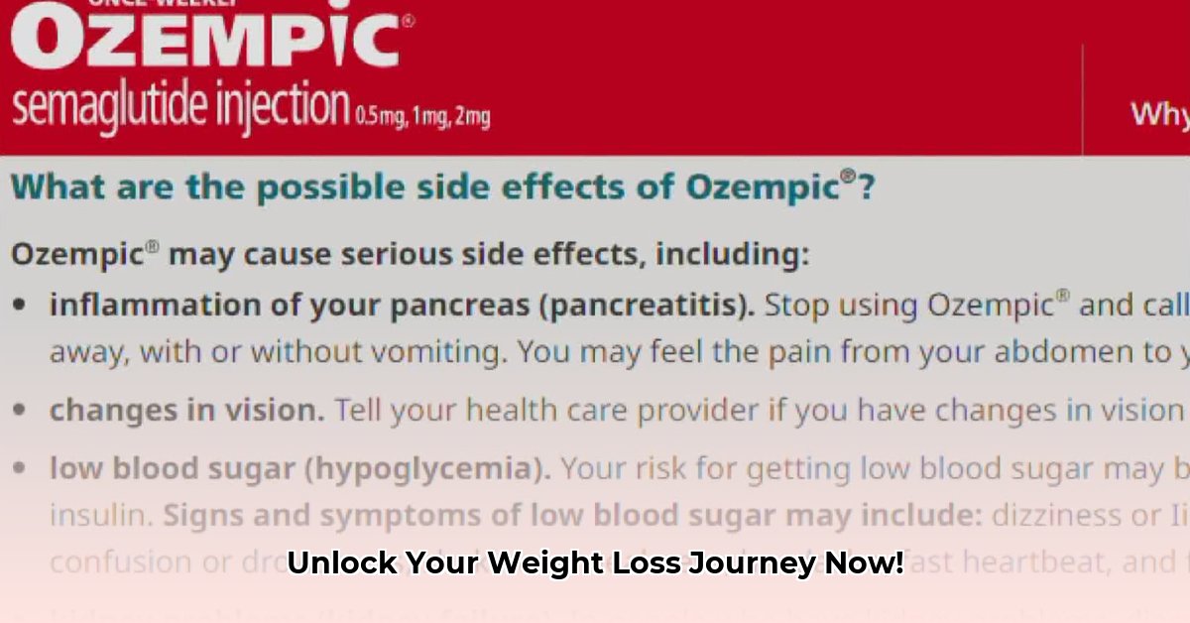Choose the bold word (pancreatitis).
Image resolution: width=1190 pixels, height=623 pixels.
[646, 306]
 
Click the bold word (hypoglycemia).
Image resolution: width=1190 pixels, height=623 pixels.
[431, 468]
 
